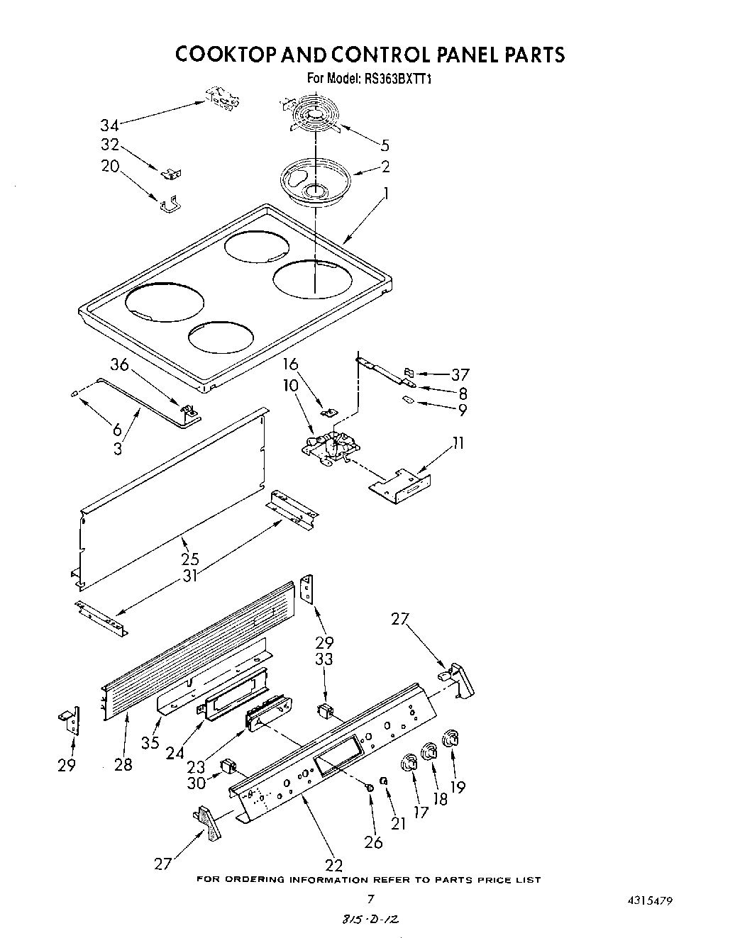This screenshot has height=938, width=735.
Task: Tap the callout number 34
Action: click(109, 125)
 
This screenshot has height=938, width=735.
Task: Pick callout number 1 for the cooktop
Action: click(386, 192)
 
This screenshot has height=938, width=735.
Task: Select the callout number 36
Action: click(119, 364)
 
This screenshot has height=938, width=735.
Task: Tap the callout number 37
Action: click(460, 374)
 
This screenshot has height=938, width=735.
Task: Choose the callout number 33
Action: click(325, 659)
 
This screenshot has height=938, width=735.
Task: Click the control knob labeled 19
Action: click(449, 739)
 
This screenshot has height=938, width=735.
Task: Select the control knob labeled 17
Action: click(410, 763)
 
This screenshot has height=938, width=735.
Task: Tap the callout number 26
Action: click(373, 842)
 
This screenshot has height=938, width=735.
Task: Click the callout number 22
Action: click(333, 865)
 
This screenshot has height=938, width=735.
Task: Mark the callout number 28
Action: click(123, 765)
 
